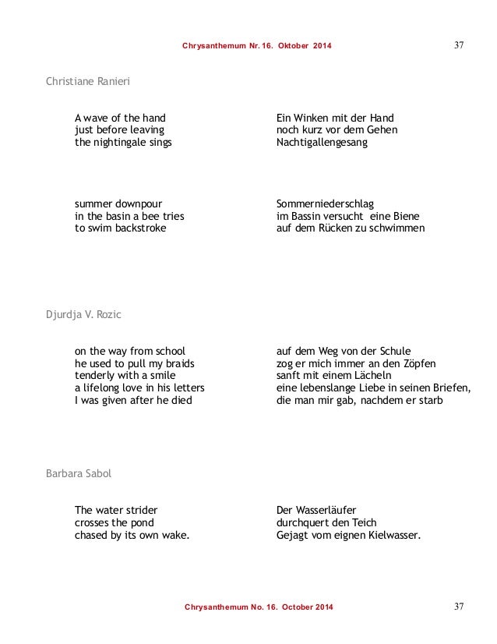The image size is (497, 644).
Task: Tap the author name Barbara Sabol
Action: point(80,474)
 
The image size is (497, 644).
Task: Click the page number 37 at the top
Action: point(460,45)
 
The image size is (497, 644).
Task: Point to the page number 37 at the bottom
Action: point(460,606)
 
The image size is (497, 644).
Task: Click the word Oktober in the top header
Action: point(293,47)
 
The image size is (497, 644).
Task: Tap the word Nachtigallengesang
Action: point(322,143)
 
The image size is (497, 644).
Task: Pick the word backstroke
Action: point(139,229)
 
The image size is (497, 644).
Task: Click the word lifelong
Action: point(105,388)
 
